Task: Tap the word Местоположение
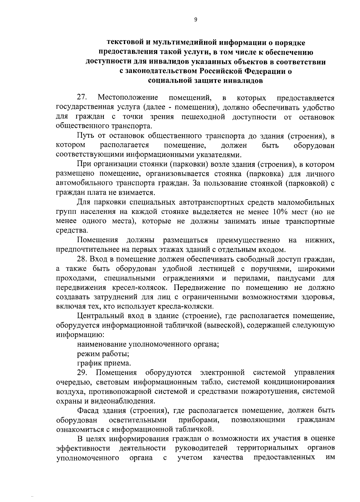(x=128, y=98)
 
